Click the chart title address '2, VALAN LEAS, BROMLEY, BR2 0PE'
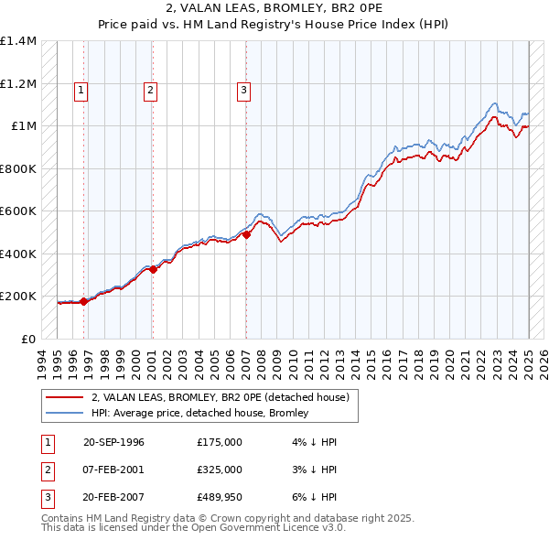[274, 8]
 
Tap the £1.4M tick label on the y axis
[19, 41]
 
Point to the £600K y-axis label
[19, 211]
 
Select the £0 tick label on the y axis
[29, 339]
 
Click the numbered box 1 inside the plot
[81, 90]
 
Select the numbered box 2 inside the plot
[149, 90]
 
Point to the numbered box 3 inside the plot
[244, 90]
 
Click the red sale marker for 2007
[246, 235]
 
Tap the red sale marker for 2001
[153, 269]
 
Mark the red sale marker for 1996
[83, 301]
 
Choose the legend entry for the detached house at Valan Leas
[220, 398]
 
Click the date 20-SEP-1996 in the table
[113, 442]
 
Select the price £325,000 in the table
[220, 470]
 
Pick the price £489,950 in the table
[220, 497]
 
